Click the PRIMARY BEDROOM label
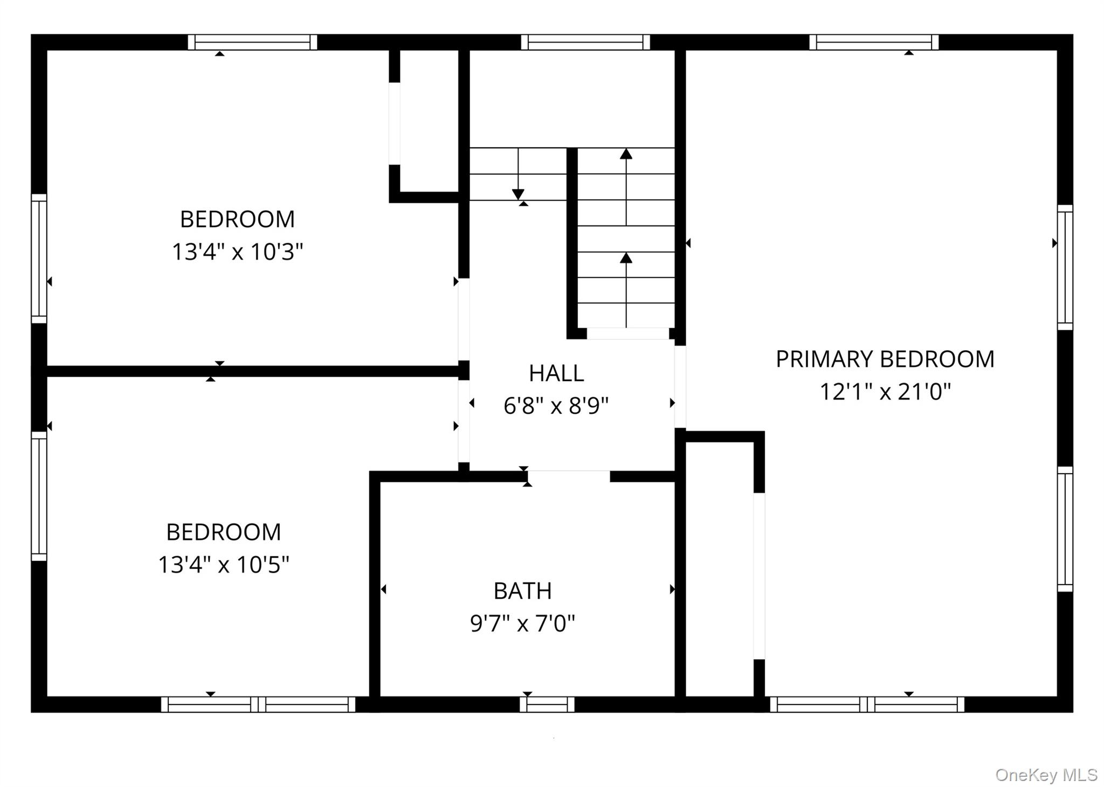(x=885, y=359)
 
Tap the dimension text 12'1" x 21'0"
(x=885, y=392)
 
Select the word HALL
(x=556, y=373)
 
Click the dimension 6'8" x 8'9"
(x=556, y=406)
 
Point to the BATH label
(x=522, y=591)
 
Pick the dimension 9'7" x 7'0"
(x=522, y=624)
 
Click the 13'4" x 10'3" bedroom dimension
(x=237, y=252)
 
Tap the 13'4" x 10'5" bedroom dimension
(x=223, y=565)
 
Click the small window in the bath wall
(x=547, y=704)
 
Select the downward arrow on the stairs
(x=518, y=194)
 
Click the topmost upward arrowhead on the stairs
(x=625, y=154)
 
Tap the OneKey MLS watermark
(x=1046, y=775)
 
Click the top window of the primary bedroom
(x=873, y=42)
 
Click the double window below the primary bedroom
(x=867, y=704)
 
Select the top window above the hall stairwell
(x=585, y=42)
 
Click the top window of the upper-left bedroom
(x=252, y=42)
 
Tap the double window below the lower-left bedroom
(x=258, y=704)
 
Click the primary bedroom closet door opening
(x=758, y=576)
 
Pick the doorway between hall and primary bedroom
(x=680, y=387)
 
